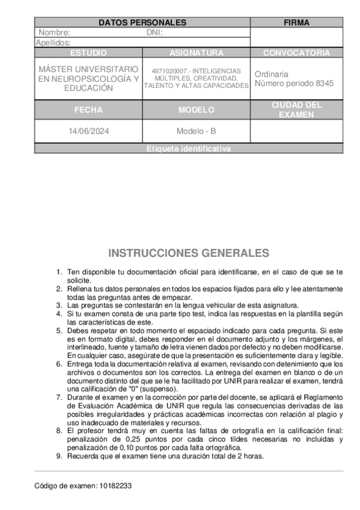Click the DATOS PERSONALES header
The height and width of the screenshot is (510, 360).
click(142, 23)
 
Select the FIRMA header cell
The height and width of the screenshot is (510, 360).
click(296, 23)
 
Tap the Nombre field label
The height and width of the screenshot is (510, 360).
click(55, 32)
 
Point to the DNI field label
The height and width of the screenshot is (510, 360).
click(154, 32)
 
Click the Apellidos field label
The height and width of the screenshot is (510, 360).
click(53, 43)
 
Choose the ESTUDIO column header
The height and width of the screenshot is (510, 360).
click(88, 53)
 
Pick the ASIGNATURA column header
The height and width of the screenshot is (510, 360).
click(197, 53)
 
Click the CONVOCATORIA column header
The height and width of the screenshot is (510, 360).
click(296, 53)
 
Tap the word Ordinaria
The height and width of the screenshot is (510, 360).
click(271, 74)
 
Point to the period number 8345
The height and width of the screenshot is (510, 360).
click(323, 84)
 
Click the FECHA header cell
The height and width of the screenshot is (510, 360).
click(88, 110)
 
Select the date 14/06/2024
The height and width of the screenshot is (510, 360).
click(88, 131)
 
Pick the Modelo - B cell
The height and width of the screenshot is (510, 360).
click(197, 131)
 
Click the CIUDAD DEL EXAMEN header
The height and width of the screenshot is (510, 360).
click(296, 109)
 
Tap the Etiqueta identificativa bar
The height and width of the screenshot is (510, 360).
click(189, 149)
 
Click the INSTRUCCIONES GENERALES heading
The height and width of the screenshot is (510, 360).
click(189, 253)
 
